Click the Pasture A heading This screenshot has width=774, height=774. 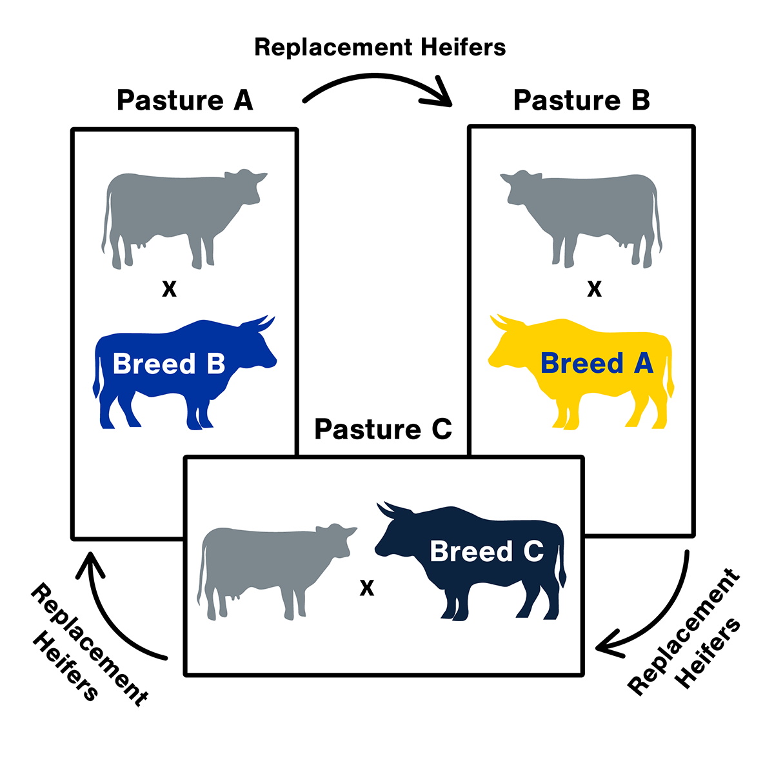point(185,101)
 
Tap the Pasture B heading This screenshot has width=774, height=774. point(581,101)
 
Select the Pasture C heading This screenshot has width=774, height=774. point(383,429)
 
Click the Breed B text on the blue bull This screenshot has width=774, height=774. point(169,364)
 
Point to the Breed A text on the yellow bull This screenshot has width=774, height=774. point(597,364)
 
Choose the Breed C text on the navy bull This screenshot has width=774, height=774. point(486,551)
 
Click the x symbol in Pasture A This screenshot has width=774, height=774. point(169,290)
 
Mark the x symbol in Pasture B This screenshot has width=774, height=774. point(594,290)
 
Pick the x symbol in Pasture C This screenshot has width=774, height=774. point(366,588)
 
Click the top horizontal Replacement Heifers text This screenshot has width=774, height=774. point(380,47)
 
